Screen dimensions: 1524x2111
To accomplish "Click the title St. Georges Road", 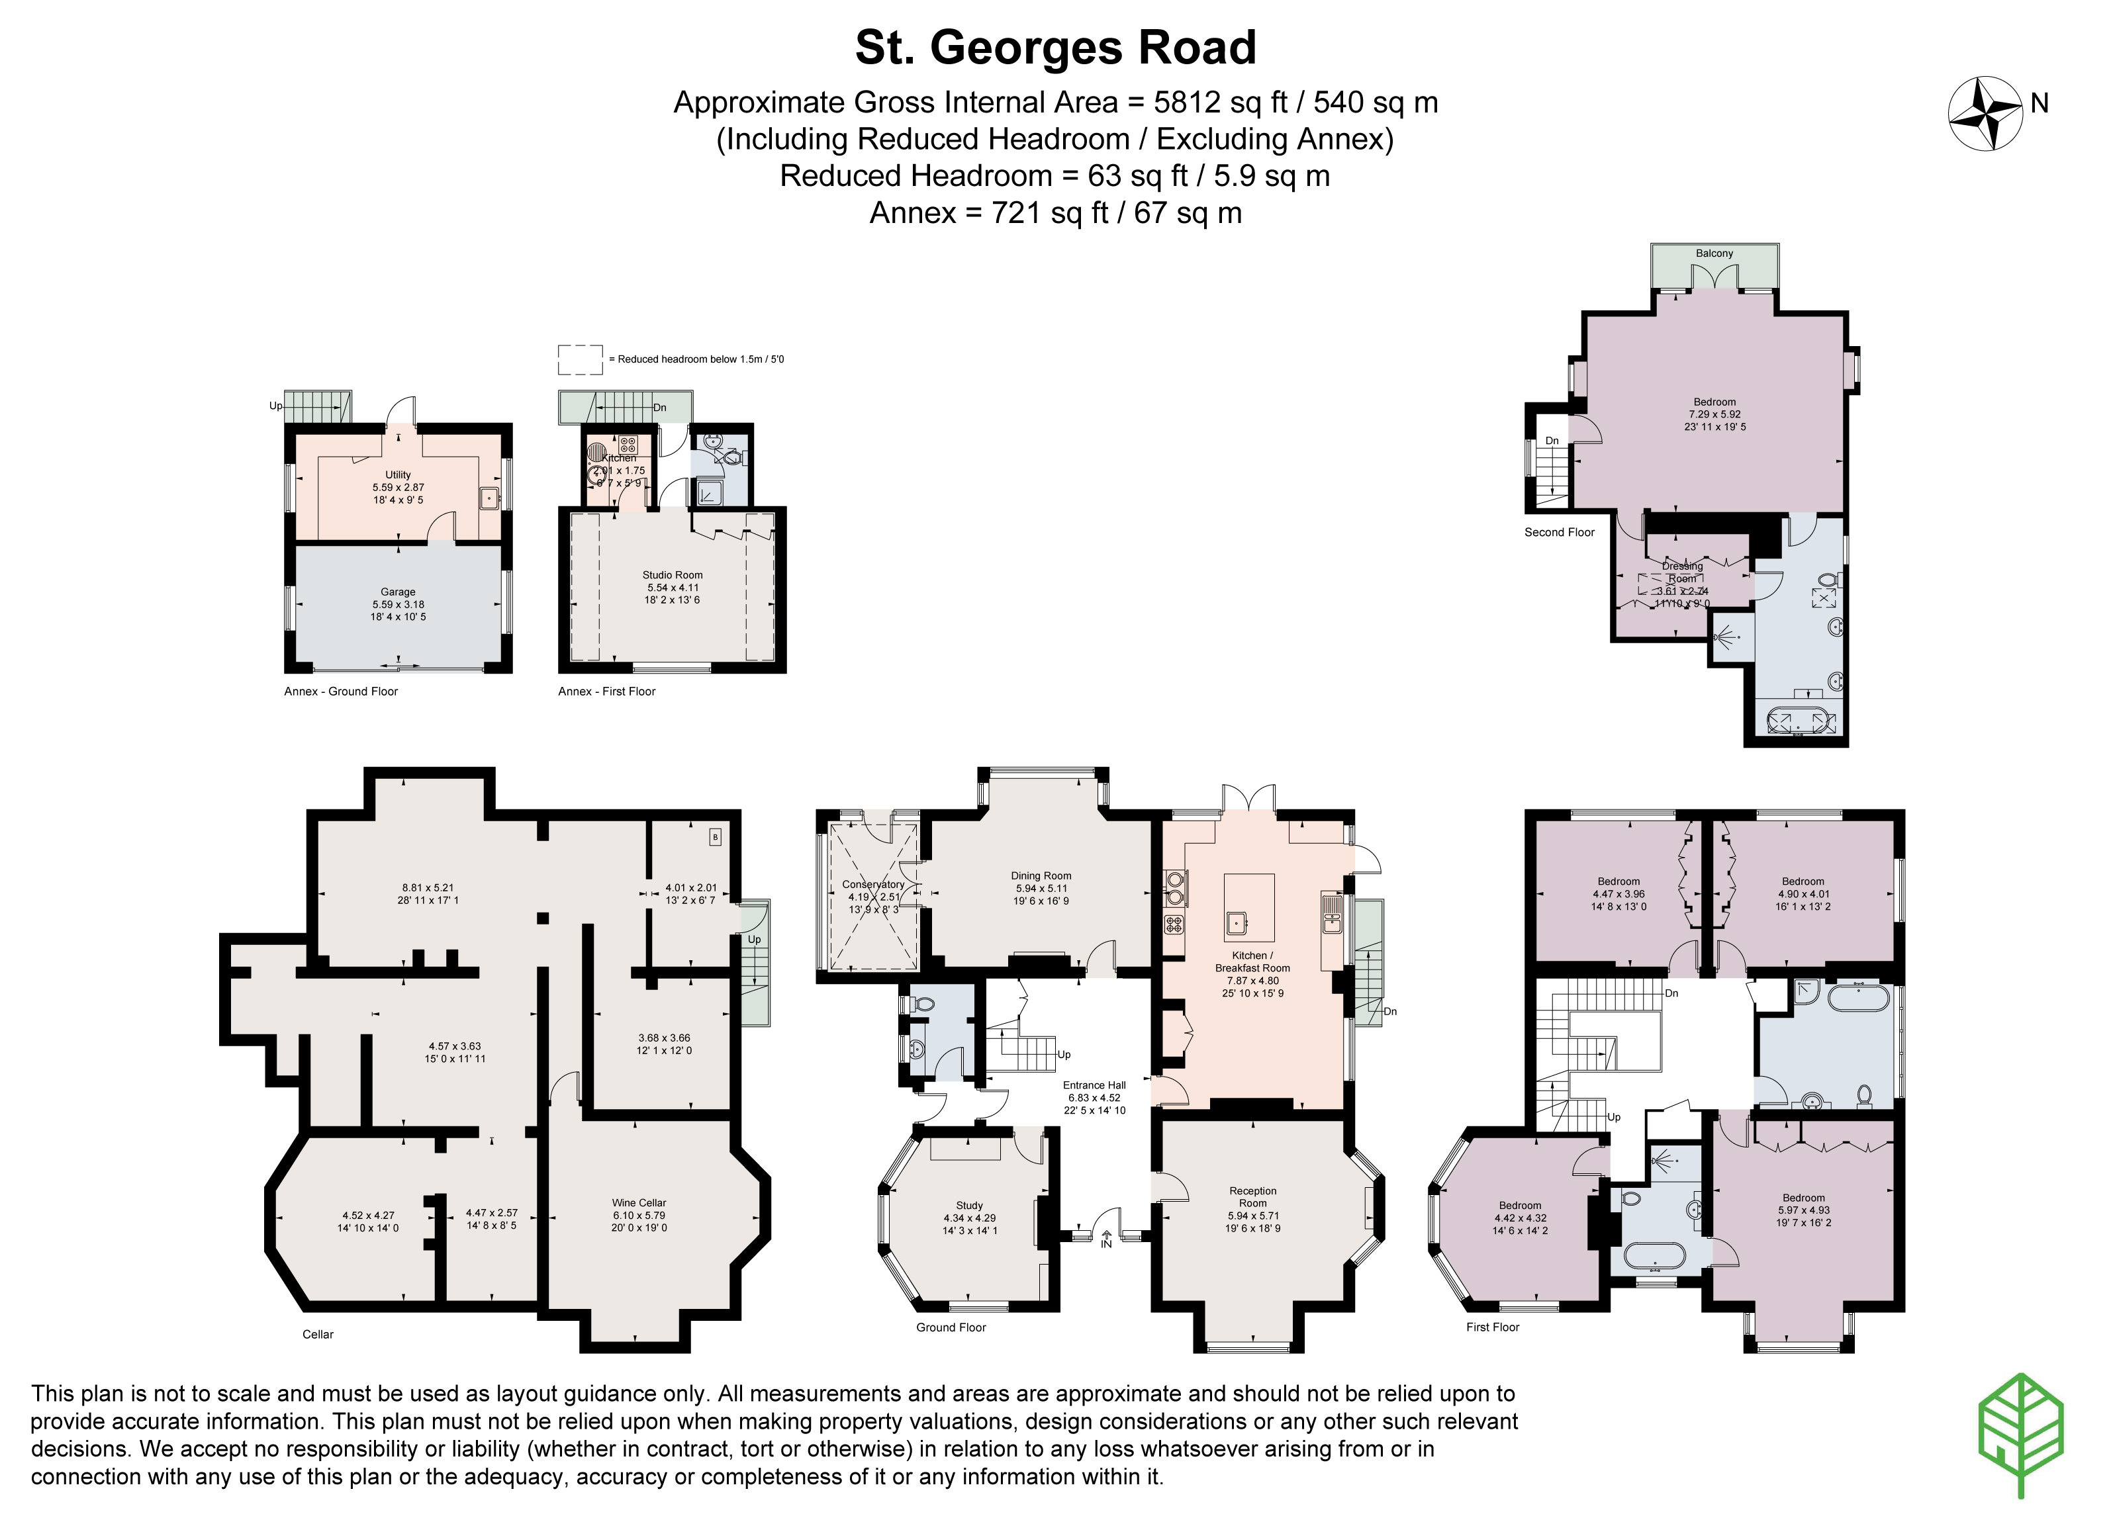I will (x=1055, y=48).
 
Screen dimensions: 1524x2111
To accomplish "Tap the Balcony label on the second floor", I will (x=1714, y=253).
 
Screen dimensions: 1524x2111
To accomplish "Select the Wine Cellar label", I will (x=639, y=1203).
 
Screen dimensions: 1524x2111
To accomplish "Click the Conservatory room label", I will (x=873, y=885).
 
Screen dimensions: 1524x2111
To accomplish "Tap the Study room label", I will (x=969, y=1206).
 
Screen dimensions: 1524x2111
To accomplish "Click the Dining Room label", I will (x=1041, y=875).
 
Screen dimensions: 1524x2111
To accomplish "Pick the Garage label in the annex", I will (x=397, y=592).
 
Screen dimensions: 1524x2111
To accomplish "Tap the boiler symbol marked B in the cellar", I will (x=715, y=837).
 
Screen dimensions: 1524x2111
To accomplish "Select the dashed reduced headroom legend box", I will (x=580, y=359).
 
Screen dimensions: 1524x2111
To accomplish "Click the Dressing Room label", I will (x=1682, y=571).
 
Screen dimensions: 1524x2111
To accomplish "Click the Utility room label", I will (x=397, y=474).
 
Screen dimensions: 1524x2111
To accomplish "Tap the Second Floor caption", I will (x=1559, y=532).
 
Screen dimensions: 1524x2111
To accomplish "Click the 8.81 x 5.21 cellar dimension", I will (x=428, y=887).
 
